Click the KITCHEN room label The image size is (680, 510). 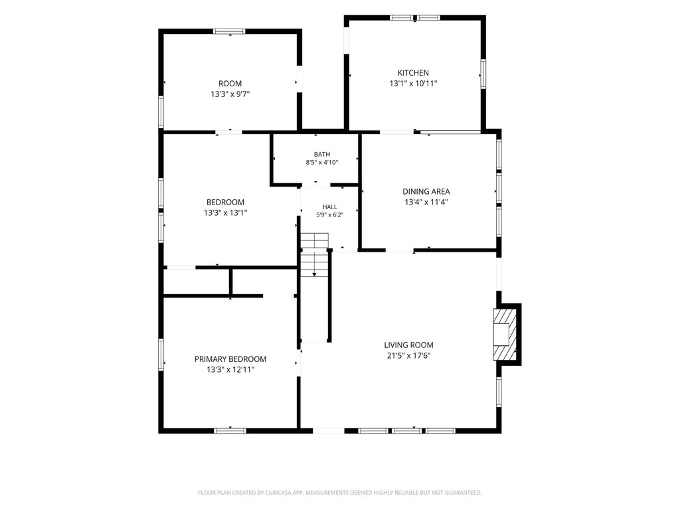[x=413, y=73]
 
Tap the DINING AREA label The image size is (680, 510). [x=426, y=191]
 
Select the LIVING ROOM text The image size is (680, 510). [x=408, y=345]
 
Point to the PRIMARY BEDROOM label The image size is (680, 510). [x=230, y=359]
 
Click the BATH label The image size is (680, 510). [x=322, y=154]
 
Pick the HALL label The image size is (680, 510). [x=329, y=207]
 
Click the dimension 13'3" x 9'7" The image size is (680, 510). [x=230, y=94]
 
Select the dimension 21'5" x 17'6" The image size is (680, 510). [x=408, y=356]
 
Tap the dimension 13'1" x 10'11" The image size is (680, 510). [x=413, y=83]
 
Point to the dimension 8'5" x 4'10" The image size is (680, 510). [x=322, y=163]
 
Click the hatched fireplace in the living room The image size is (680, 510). [x=505, y=334]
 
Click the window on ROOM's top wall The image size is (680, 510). [x=229, y=31]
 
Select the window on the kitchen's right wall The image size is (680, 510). [x=483, y=74]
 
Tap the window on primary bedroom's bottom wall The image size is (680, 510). [x=230, y=430]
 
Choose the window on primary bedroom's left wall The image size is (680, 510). [x=161, y=355]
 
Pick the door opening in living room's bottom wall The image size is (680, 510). [x=328, y=430]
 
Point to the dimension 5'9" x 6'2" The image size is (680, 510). [x=329, y=214]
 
